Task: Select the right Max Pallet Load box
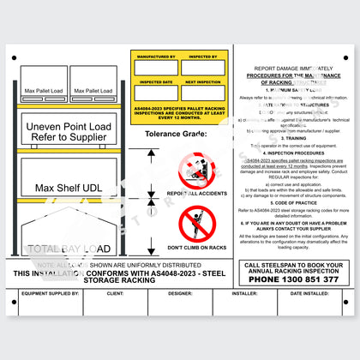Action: (93, 90)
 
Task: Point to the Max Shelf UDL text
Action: (69, 187)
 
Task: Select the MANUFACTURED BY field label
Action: (154, 60)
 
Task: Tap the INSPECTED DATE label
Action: (154, 82)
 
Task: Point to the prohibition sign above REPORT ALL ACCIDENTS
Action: (195, 170)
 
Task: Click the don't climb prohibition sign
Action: (195, 225)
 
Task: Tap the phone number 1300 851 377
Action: (291, 279)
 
